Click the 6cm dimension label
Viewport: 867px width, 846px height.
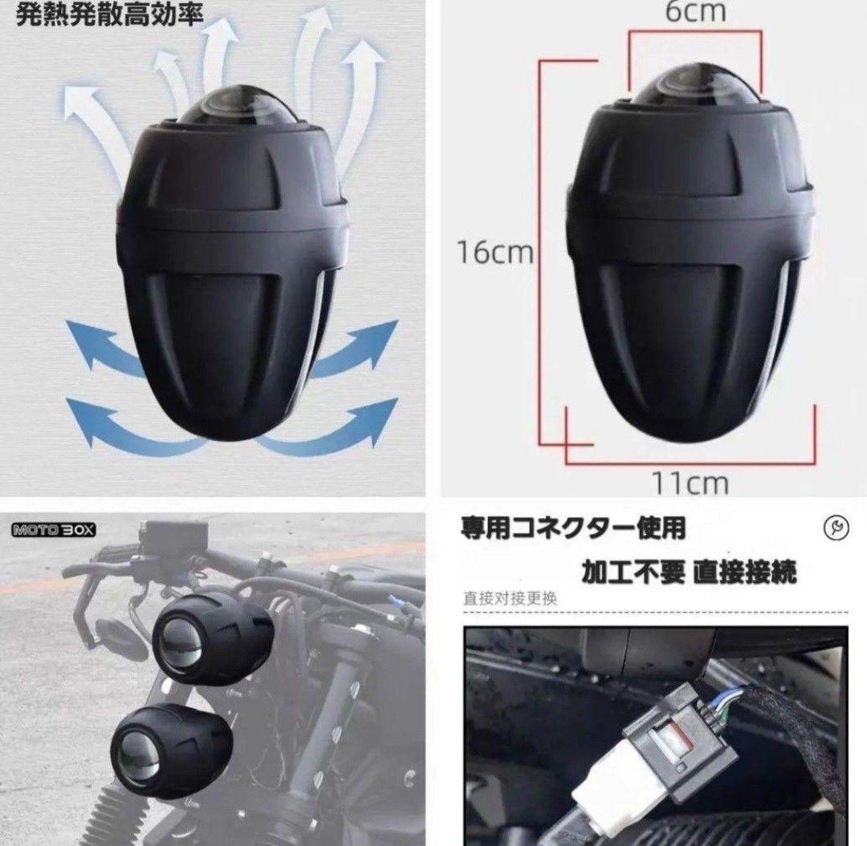[x=695, y=11]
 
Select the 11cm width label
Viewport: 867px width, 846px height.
[x=690, y=483]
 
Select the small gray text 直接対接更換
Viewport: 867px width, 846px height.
[x=509, y=597]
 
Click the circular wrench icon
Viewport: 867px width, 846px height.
[x=834, y=527]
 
